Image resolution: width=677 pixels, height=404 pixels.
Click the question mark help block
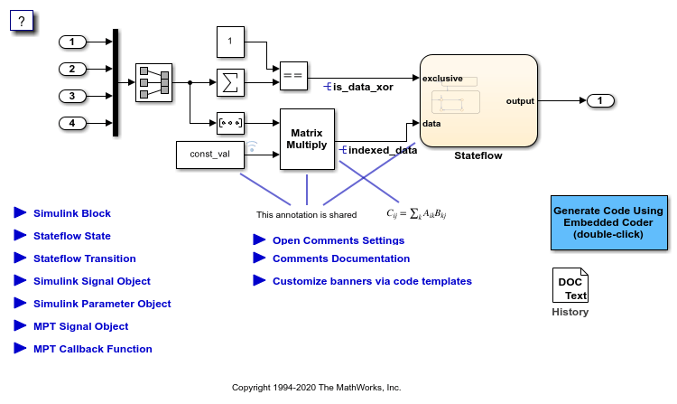(22, 20)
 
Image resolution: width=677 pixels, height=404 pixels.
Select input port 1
(72, 42)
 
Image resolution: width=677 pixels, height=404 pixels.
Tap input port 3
(72, 96)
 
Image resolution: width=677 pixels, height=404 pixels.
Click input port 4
(72, 123)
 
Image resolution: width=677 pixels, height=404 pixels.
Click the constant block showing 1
(231, 42)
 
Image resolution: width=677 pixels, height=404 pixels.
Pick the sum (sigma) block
(231, 82)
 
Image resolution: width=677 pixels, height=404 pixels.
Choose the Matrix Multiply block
(307, 138)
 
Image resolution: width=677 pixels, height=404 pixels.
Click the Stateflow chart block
(478, 100)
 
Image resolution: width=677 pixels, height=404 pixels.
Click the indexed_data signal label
(382, 150)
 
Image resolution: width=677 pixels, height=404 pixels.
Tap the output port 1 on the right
(600, 100)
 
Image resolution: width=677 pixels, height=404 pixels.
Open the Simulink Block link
(72, 213)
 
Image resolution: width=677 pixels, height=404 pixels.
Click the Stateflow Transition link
(85, 258)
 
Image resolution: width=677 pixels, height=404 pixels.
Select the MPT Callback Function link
(93, 349)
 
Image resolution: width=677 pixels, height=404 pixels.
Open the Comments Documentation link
(341, 258)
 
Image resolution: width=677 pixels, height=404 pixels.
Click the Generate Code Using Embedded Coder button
(608, 222)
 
